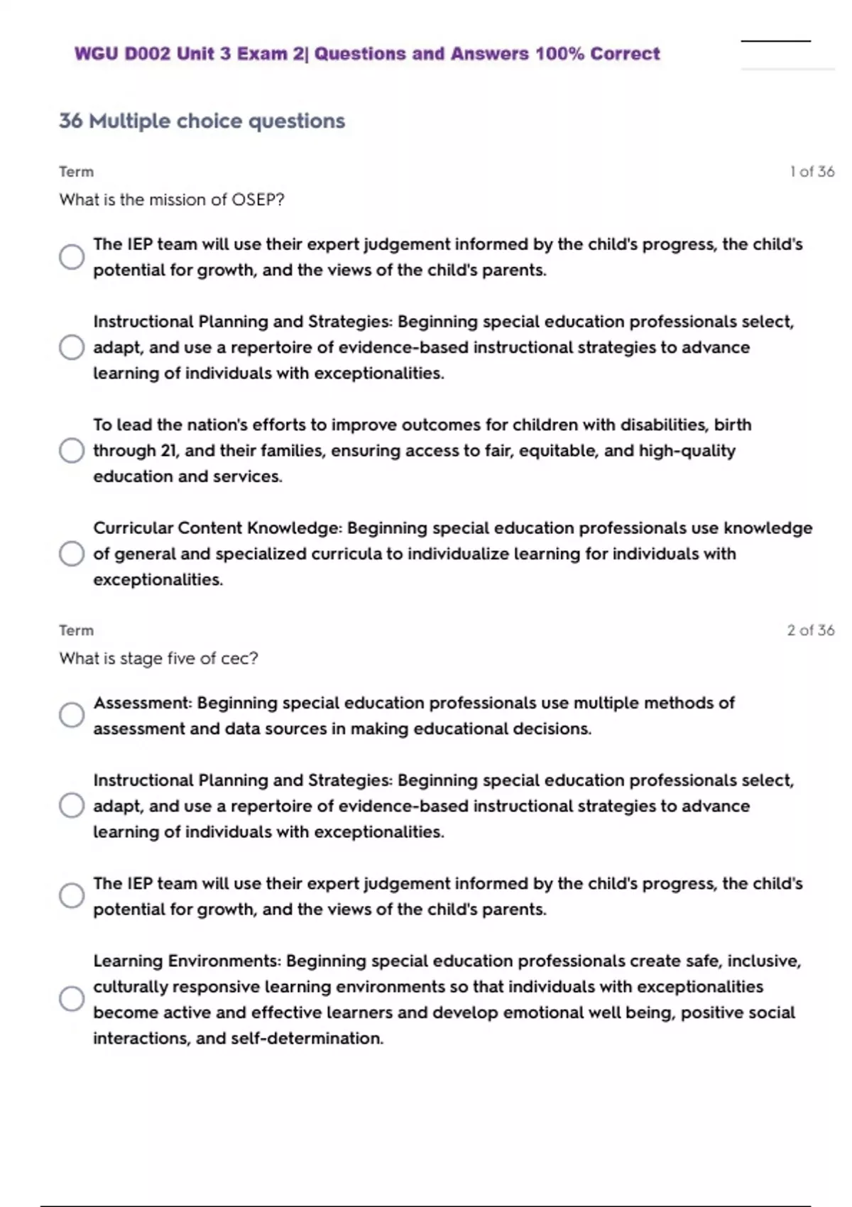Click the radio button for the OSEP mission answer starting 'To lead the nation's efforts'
(72, 450)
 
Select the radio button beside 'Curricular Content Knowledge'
(72, 554)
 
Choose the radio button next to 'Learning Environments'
(72, 999)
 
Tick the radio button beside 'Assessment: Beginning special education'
(72, 715)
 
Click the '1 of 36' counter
(812, 172)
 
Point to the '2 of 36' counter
(810, 630)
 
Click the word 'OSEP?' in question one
(258, 200)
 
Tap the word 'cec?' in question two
(239, 659)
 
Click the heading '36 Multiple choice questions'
(202, 121)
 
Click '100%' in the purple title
(559, 54)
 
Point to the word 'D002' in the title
(148, 54)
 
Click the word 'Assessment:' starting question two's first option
(143, 703)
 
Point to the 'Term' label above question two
(76, 630)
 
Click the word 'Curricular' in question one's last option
(133, 528)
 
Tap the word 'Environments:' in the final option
(224, 961)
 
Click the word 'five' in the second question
(182, 659)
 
